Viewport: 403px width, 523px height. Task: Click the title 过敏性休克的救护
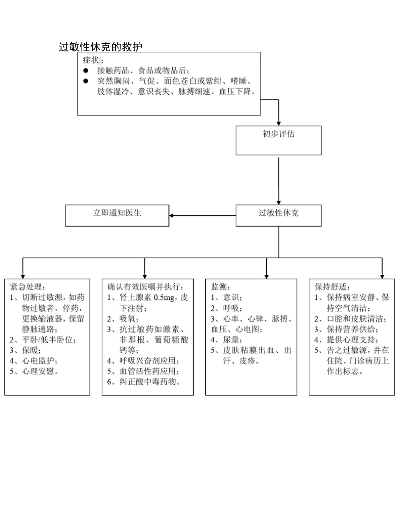101,47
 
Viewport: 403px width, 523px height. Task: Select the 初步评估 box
278,135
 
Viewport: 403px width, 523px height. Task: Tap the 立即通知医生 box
117,213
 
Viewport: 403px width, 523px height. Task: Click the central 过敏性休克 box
278,213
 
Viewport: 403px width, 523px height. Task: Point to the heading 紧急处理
27,287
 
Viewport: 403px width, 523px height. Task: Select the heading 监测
219,287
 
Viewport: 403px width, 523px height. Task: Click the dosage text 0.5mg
164,298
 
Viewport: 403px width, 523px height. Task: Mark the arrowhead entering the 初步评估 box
279,123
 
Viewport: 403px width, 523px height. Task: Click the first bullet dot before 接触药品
85,70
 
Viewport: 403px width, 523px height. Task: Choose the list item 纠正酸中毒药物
149,382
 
